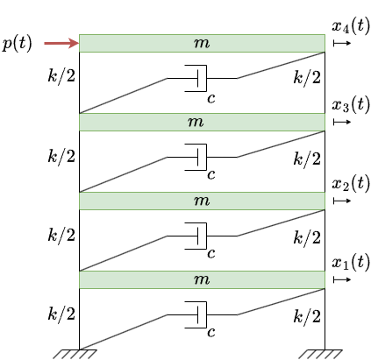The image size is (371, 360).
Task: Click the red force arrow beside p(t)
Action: [61, 43]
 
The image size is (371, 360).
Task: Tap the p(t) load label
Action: [17, 44]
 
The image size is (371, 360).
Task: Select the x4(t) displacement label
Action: [351, 25]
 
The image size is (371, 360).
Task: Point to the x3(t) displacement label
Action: [351, 104]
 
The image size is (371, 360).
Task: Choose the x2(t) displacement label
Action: [351, 183]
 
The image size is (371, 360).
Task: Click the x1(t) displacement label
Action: [351, 262]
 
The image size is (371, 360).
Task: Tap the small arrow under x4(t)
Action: [342, 43]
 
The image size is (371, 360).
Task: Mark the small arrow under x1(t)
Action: [342, 279]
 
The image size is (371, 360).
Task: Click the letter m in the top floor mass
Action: [202, 43]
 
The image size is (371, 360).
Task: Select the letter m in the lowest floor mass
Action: [202, 279]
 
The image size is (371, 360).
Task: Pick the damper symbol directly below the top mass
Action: [196, 78]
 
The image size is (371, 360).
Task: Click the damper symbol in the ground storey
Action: [196, 314]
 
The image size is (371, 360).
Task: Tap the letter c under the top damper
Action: [211, 99]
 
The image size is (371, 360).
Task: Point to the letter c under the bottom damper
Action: [211, 332]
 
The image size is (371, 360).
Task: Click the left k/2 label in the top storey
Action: [61, 76]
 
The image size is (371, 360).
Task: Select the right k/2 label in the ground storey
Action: [307, 316]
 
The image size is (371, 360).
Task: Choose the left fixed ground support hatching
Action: [75, 354]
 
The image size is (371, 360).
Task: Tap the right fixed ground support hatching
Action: [320, 354]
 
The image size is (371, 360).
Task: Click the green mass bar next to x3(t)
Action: [202, 122]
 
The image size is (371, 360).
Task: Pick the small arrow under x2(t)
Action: [342, 201]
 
